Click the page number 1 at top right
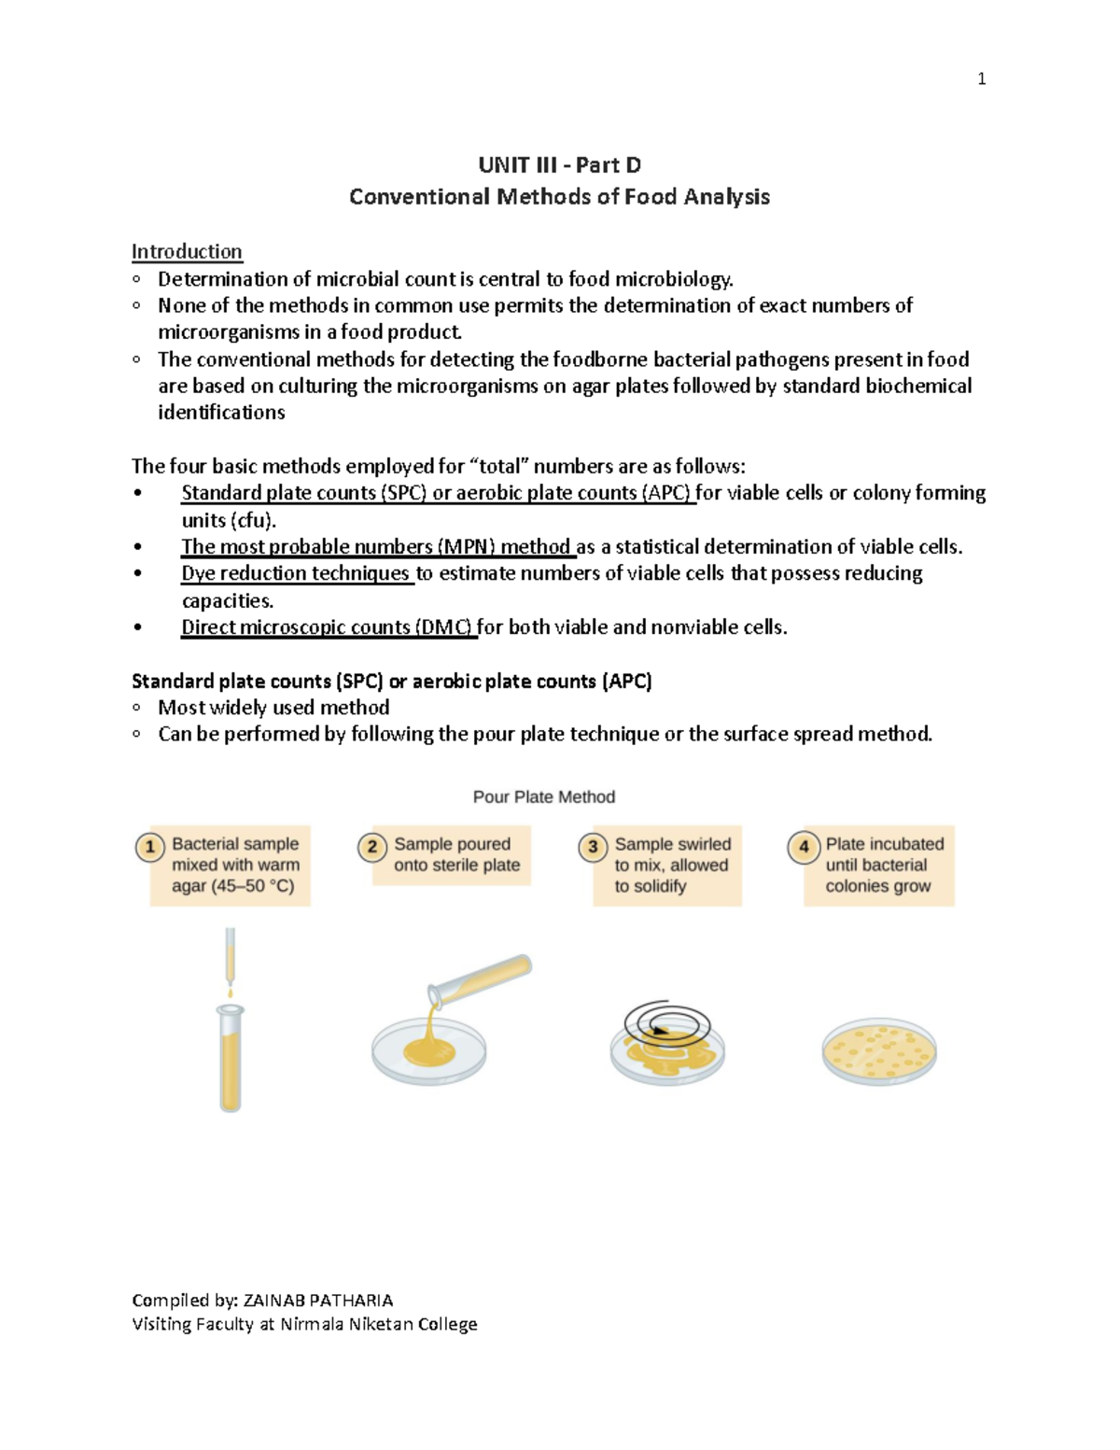[981, 79]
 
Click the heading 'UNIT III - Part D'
[559, 165]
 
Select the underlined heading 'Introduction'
[187, 251]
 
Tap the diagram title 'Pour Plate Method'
[543, 796]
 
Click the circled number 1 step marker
[149, 847]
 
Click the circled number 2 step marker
[371, 847]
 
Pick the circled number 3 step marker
[593, 847]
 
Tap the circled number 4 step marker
[803, 847]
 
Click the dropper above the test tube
[231, 957]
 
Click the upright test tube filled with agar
[230, 1060]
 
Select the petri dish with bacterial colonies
[878, 1050]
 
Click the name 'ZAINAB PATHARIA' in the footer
[317, 1300]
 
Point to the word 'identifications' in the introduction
[221, 413]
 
